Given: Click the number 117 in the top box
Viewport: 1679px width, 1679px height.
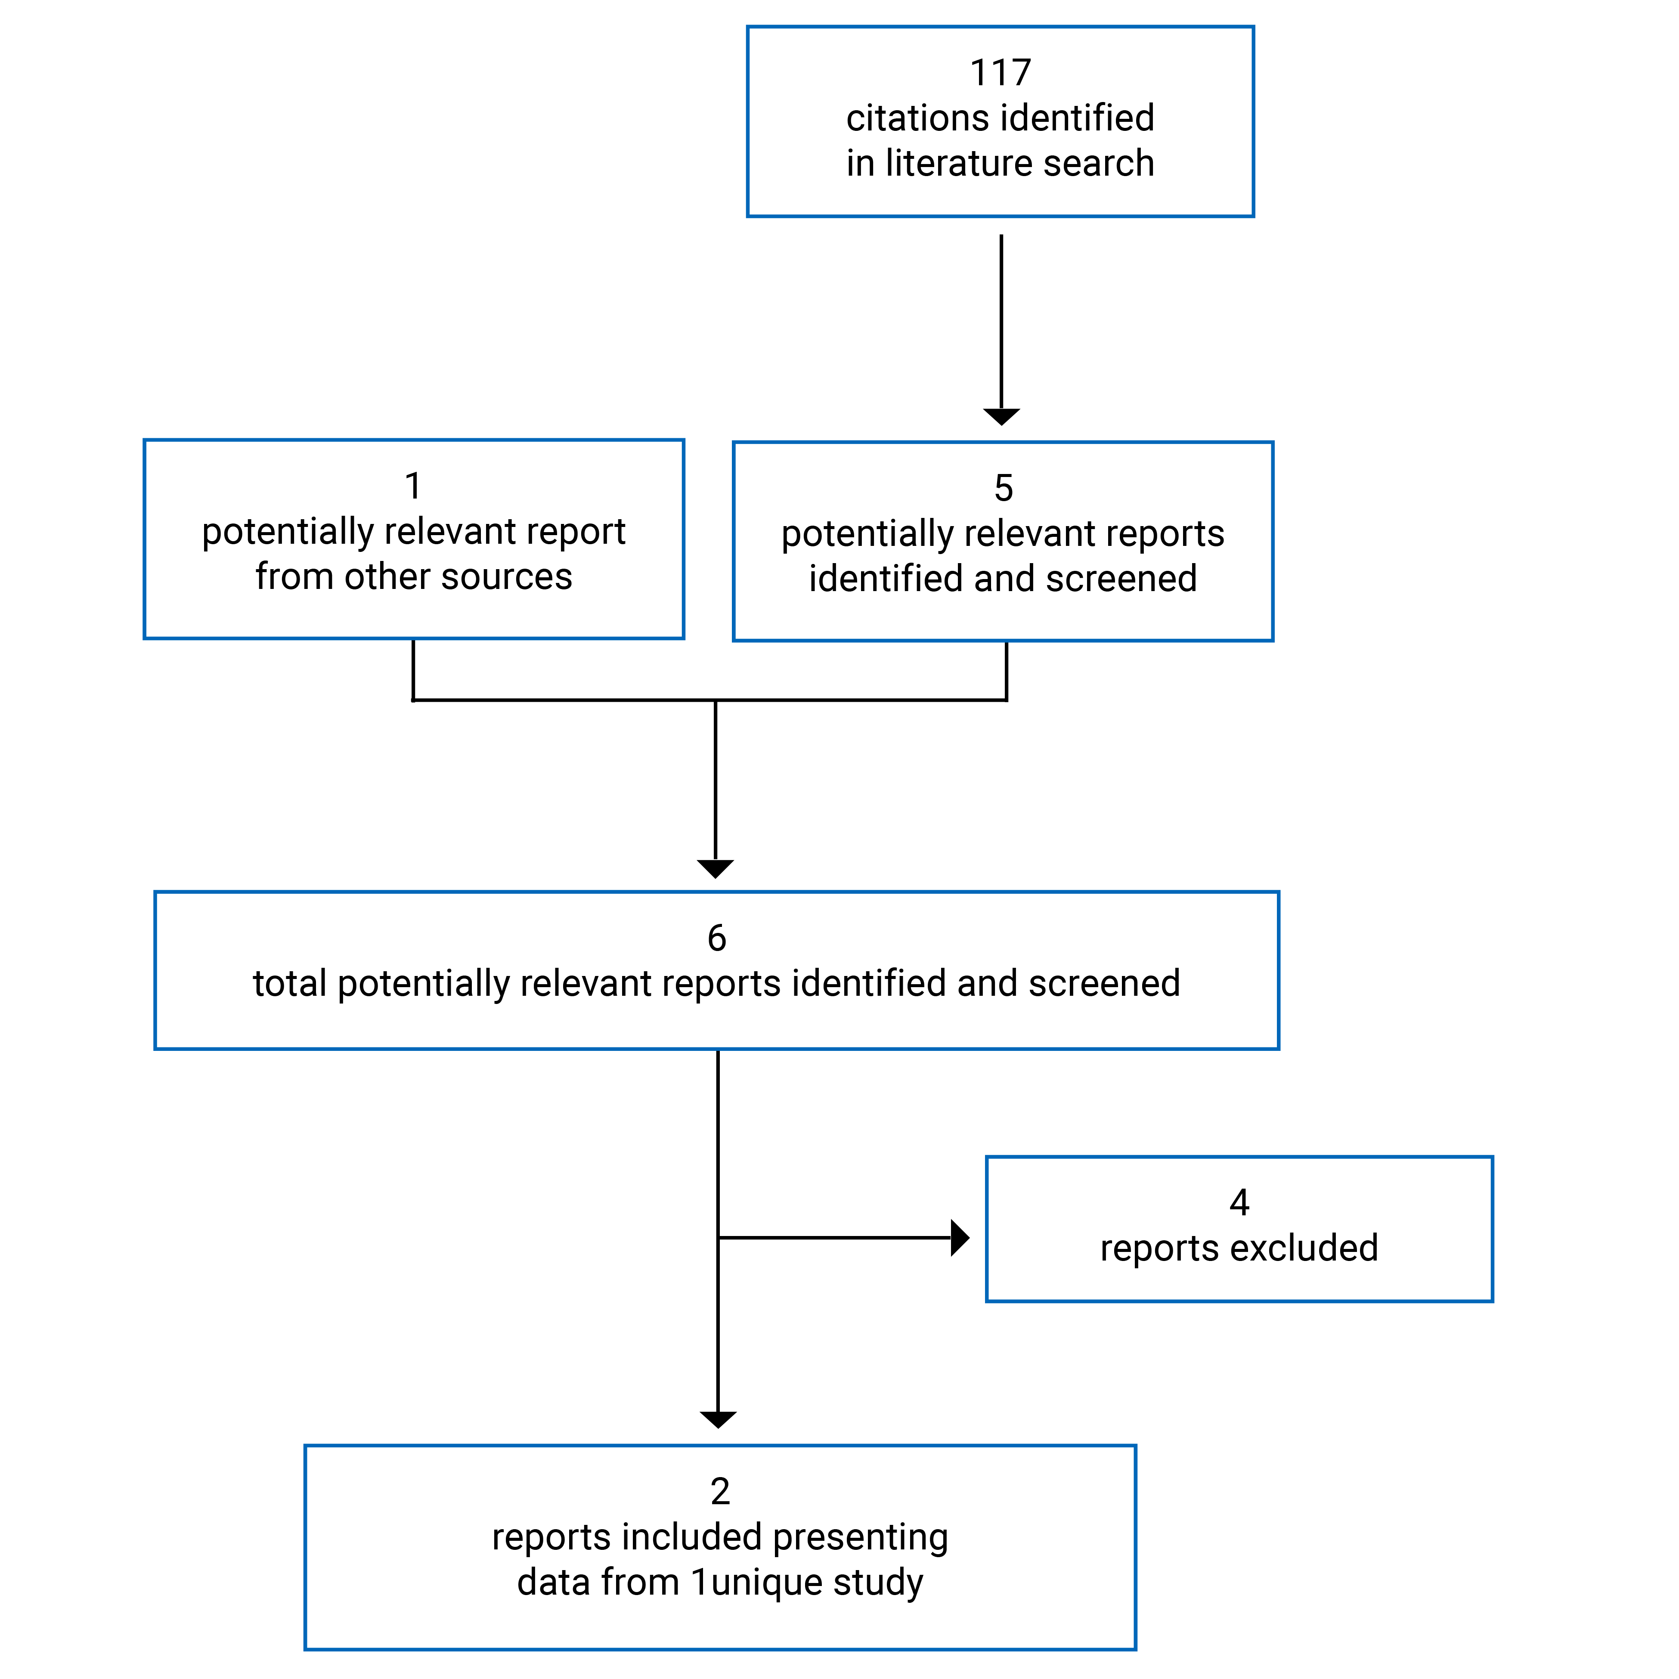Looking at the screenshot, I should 1000,73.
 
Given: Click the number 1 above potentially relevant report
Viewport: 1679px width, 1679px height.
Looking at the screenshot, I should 414,486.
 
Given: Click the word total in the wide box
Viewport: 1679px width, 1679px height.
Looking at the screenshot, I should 289,984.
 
